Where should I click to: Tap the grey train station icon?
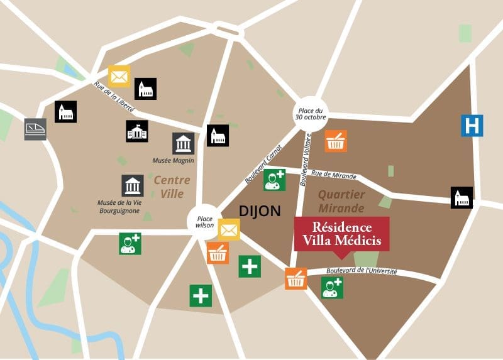tap(35, 129)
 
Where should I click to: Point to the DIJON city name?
tap(260, 210)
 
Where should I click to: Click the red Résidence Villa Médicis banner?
tap(342, 234)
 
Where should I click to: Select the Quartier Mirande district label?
tap(341, 202)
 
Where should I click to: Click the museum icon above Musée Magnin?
tap(183, 143)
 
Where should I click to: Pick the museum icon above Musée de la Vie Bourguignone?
tap(132, 185)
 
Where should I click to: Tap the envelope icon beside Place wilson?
tap(229, 230)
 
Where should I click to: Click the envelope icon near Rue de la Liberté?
tap(119, 77)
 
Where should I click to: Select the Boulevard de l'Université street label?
tap(362, 271)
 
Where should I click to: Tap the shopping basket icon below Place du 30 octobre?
tap(336, 141)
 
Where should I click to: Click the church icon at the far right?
tap(462, 197)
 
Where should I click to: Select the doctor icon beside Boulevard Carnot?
tap(274, 180)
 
